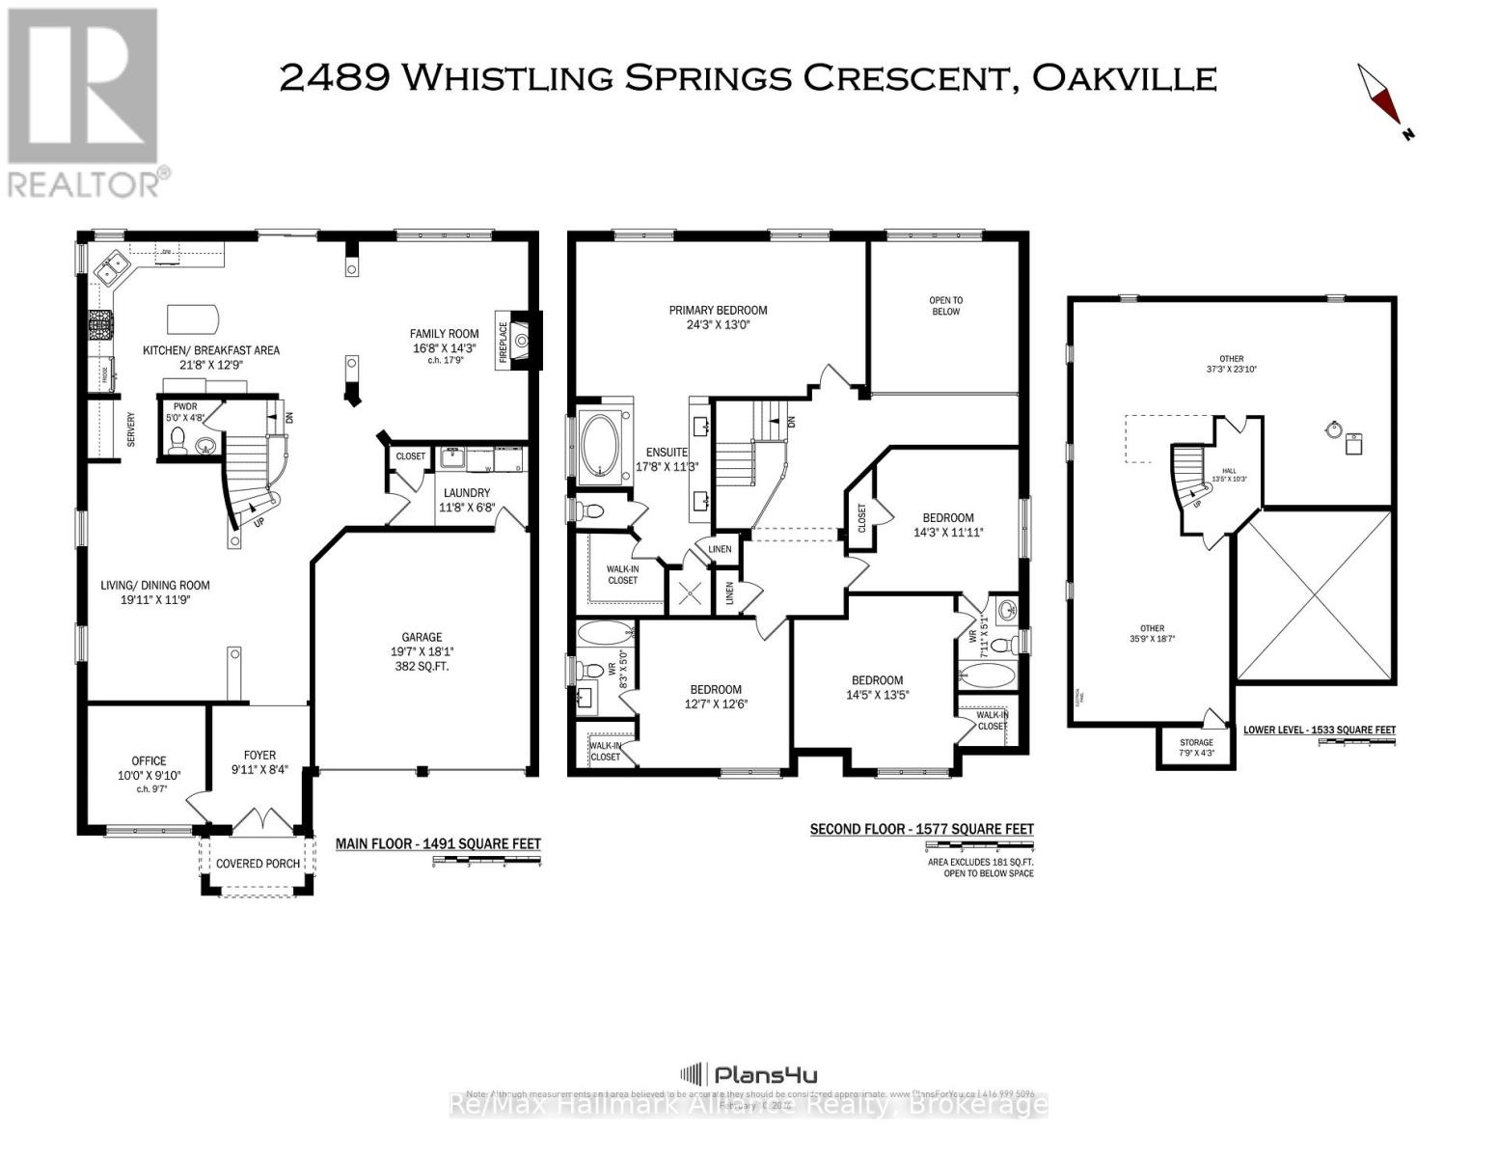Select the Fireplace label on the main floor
point(503,339)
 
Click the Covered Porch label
point(258,863)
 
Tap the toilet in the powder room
point(177,441)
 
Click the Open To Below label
point(945,306)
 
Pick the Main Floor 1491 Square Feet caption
point(438,843)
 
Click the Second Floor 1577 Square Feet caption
point(921,829)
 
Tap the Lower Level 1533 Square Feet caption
point(1319,731)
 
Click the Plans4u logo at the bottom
point(749,1074)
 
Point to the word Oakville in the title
point(1124,78)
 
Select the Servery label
point(130,429)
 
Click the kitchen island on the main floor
point(193,317)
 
